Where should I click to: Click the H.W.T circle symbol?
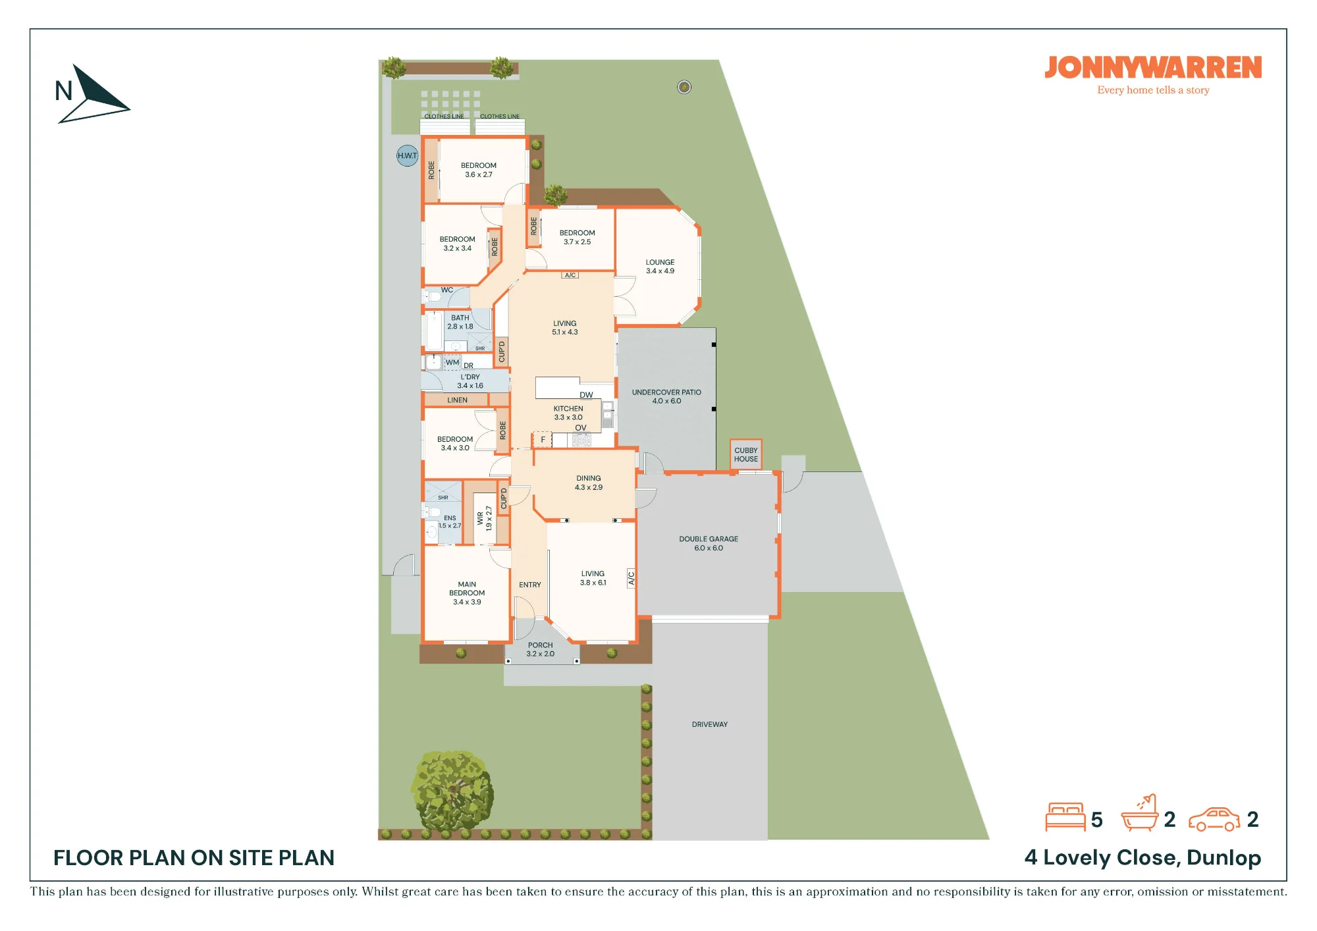(407, 155)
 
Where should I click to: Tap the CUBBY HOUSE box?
(745, 454)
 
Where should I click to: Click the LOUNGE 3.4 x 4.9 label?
(660, 266)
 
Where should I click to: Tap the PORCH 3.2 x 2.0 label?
(540, 649)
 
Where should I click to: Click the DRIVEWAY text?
(709, 724)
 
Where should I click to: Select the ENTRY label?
(529, 585)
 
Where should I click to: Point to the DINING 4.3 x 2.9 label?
(588, 483)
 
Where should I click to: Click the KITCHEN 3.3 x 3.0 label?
(568, 413)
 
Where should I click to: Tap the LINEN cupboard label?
(457, 400)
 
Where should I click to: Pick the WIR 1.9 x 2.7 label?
(484, 518)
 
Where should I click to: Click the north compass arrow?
(92, 94)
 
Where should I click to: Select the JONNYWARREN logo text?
(1153, 68)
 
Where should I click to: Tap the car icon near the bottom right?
(1214, 819)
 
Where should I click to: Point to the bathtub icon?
(1139, 814)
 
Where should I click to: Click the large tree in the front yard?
(452, 791)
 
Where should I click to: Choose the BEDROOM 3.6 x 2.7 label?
(479, 170)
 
